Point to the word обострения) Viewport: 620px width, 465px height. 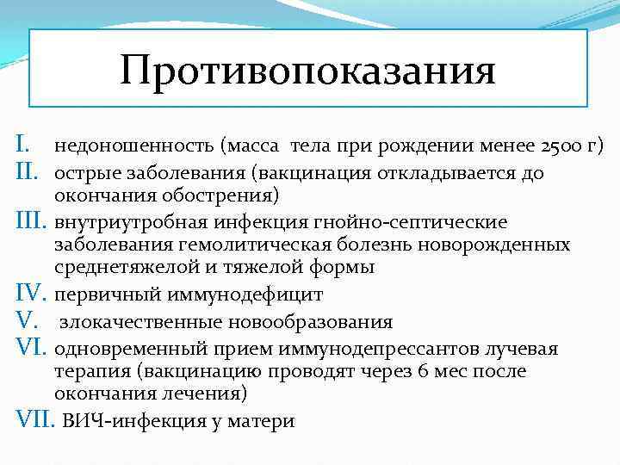pyautogui.click(x=226, y=196)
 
